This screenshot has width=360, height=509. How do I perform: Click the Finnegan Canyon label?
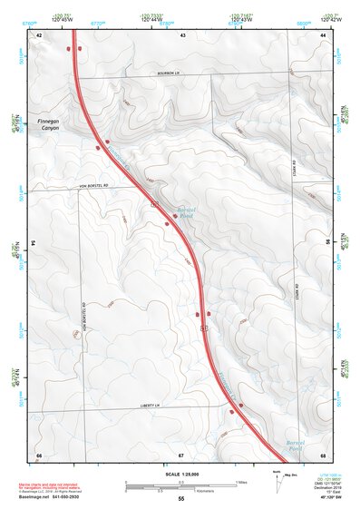coord(46,124)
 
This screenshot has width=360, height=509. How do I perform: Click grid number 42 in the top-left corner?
coord(39,34)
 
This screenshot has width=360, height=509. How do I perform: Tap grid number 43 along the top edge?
coord(182,34)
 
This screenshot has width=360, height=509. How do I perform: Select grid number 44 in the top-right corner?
coord(323,34)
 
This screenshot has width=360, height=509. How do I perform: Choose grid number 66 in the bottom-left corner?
coord(39,454)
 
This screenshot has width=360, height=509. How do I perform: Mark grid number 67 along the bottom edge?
coord(181,454)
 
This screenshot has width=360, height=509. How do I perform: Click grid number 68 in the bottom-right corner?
coord(323,454)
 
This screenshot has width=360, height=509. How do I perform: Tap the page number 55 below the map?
coord(181,498)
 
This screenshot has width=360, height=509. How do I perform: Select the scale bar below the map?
coord(181,483)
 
